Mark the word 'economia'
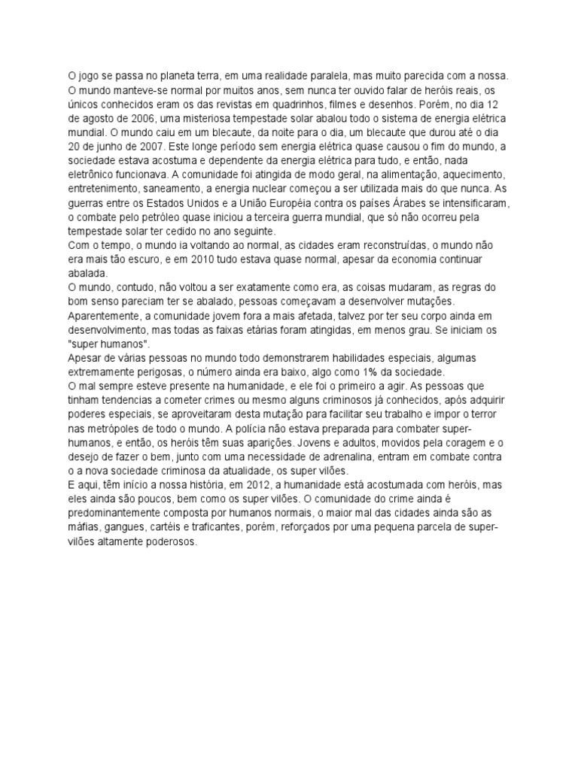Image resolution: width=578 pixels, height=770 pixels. click(418, 259)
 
